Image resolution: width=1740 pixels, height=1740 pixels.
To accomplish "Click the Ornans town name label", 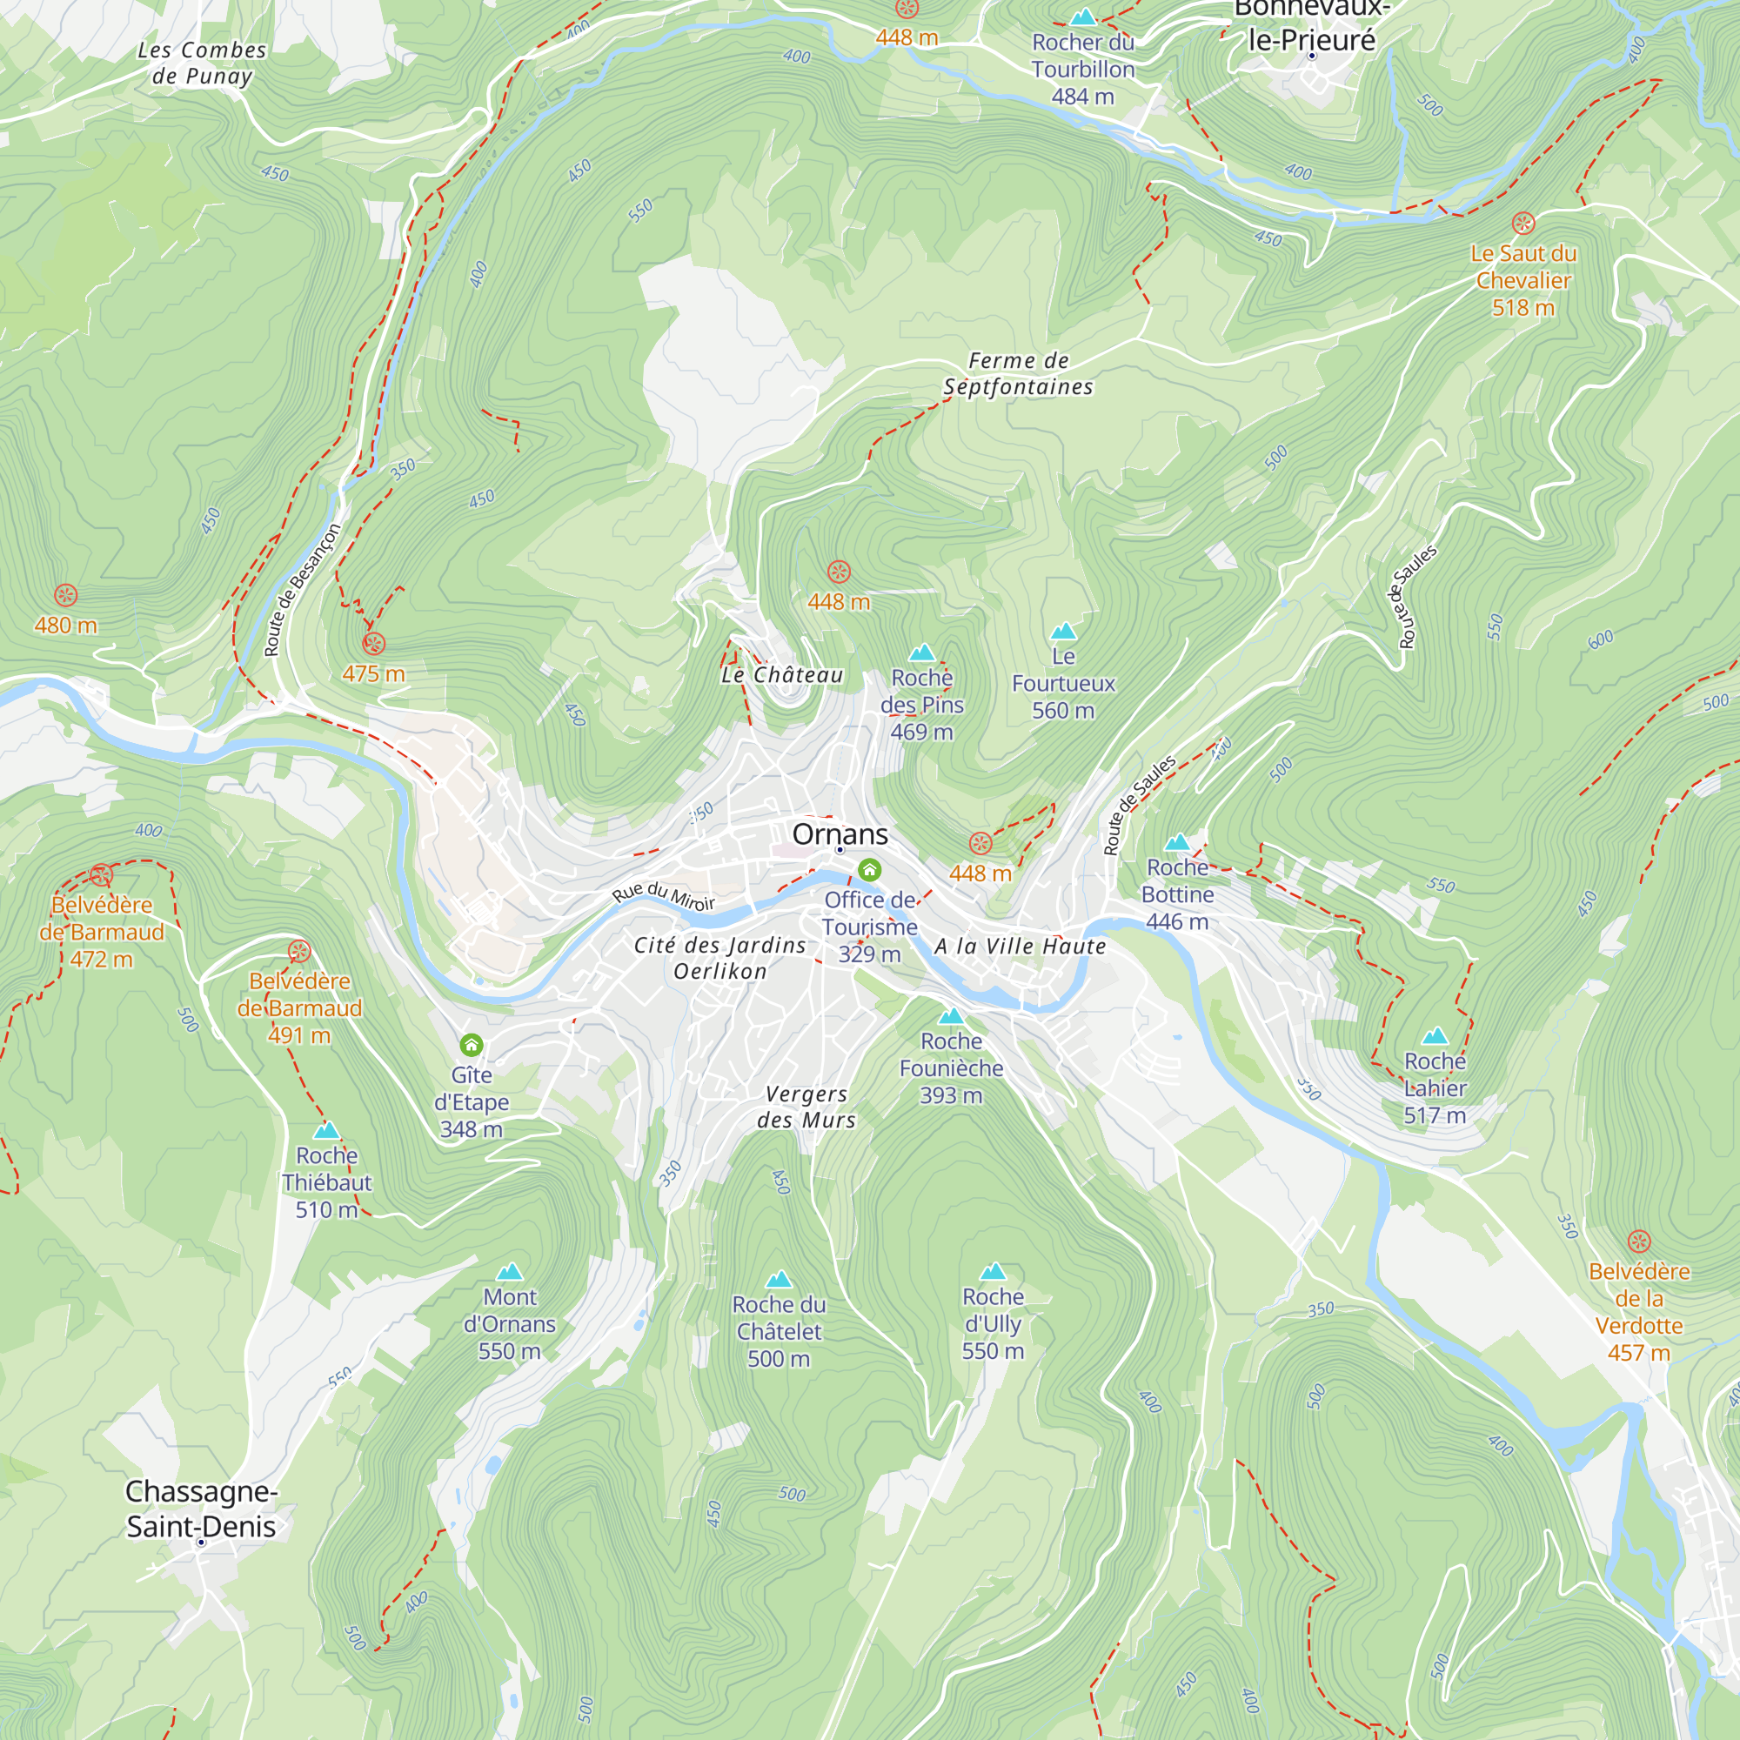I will [x=840, y=834].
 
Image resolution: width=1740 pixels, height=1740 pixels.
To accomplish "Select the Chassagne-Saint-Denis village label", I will [x=201, y=1509].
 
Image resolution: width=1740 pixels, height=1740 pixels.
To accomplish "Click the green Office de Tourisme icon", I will [x=869, y=869].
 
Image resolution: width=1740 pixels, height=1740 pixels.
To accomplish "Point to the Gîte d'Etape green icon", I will [x=471, y=1045].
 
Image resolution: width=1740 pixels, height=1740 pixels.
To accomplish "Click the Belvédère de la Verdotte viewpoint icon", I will [x=1639, y=1242].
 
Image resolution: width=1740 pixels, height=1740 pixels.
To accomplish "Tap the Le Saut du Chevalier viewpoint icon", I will [x=1523, y=224].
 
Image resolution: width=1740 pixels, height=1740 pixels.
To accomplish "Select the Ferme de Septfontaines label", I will [x=1018, y=374].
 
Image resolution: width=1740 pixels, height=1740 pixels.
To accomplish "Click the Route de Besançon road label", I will [x=302, y=591].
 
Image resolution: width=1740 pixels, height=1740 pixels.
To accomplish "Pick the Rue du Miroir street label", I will [x=664, y=896].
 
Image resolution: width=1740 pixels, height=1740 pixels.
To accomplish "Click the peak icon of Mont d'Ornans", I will [x=510, y=1272].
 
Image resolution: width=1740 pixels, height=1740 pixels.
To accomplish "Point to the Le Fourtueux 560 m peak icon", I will [x=1064, y=631].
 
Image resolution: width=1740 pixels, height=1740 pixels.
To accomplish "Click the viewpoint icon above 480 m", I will [x=66, y=594].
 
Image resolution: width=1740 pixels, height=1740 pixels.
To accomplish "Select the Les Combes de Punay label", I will [x=202, y=63].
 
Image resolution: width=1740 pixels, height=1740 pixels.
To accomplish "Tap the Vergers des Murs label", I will [x=806, y=1107].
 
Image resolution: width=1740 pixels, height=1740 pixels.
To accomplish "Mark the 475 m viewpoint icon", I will [x=374, y=643].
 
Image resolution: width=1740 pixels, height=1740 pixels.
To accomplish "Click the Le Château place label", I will [x=782, y=674].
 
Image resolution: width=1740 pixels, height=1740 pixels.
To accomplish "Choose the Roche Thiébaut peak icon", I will [x=326, y=1130].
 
